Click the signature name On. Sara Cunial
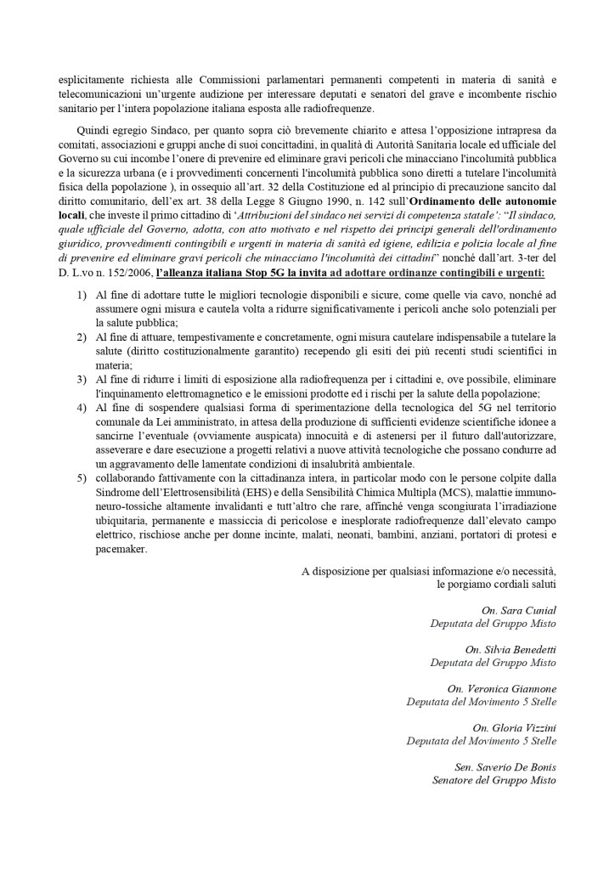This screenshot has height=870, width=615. coord(518,610)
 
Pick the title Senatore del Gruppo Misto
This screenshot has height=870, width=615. coord(494,779)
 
